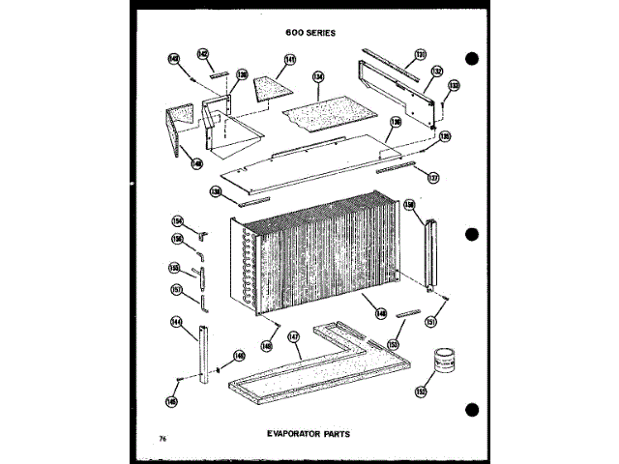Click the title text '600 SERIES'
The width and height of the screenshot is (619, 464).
(x=309, y=33)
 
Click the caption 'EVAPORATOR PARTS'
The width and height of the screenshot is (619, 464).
(x=309, y=434)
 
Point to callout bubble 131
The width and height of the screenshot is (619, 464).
(x=421, y=54)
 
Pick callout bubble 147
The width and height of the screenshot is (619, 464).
(x=294, y=338)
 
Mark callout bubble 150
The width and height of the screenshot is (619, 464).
(x=408, y=205)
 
